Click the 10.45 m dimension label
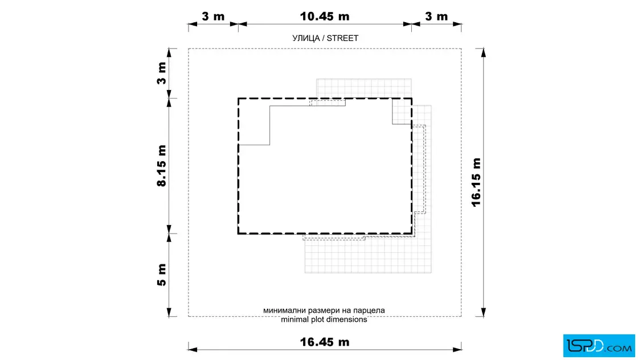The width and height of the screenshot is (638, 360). [325, 17]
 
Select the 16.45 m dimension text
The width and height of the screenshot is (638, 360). [325, 342]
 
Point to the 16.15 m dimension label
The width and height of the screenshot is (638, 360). [476, 182]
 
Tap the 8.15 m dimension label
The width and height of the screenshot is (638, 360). [162, 166]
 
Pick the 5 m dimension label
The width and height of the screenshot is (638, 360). [162, 275]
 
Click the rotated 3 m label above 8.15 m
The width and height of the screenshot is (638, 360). [162, 73]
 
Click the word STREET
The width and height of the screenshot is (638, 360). [342, 38]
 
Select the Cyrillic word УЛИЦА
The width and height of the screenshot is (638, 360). [305, 38]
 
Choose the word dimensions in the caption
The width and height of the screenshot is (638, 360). [347, 320]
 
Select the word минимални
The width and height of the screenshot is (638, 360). [283, 311]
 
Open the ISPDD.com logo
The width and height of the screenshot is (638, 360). [599, 346]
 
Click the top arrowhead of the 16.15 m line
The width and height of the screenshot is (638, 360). [484, 52]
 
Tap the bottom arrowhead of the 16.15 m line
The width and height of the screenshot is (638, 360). [484, 312]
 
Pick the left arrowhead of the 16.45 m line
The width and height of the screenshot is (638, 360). [193, 349]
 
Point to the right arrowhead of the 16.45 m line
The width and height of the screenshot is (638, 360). [457, 349]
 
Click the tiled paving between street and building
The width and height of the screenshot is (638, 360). [364, 88]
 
